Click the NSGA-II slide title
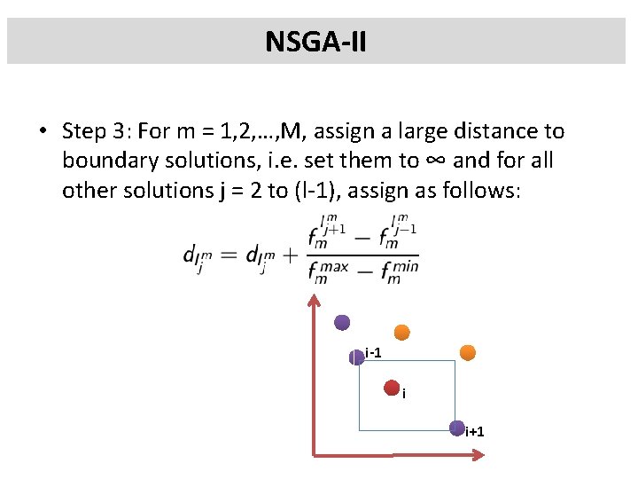[x=315, y=41]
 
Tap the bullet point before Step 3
[x=43, y=132]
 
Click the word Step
[x=83, y=132]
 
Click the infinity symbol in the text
[x=410, y=161]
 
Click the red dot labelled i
[x=392, y=387]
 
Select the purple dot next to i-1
[x=356, y=357]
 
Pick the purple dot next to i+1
[x=456, y=428]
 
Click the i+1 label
[x=475, y=432]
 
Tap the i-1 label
[x=373, y=354]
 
